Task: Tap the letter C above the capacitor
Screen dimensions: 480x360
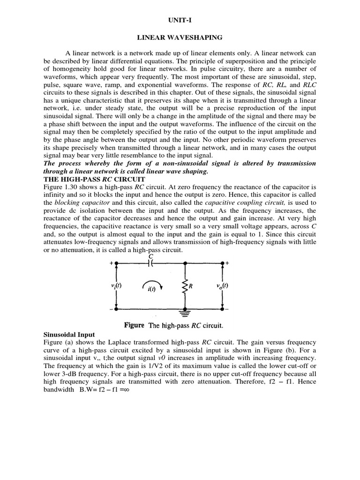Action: (x=150, y=255)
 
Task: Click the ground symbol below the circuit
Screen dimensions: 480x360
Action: (x=186, y=310)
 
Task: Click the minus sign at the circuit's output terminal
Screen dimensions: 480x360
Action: (x=227, y=309)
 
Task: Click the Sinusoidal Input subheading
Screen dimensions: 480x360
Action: (x=69, y=335)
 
